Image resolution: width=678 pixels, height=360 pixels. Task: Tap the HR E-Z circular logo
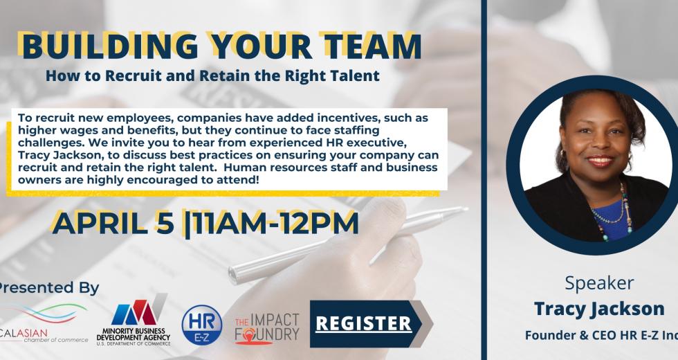click(202, 325)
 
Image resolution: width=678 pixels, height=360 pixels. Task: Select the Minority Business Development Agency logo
click(134, 320)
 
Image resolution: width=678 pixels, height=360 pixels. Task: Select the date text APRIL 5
click(113, 223)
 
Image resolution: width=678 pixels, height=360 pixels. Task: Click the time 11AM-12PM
click(275, 223)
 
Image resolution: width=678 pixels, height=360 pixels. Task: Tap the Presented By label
click(48, 288)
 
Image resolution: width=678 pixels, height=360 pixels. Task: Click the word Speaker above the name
click(599, 283)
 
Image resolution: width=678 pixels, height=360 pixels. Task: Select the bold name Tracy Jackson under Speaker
click(599, 309)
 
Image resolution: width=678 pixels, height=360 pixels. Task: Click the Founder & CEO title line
click(601, 335)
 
